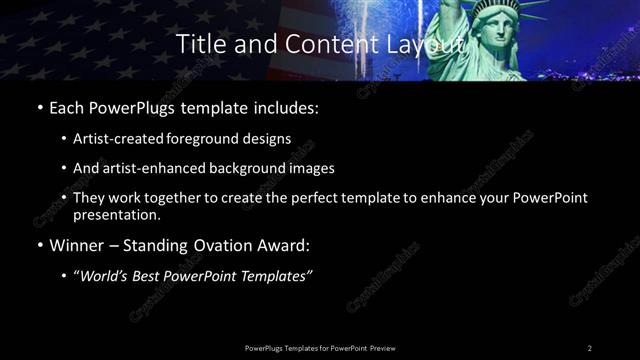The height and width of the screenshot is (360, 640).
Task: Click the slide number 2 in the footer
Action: pos(590,347)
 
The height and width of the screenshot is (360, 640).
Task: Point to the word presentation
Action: pos(116,214)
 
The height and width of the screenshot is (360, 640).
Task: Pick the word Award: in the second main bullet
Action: pos(288,244)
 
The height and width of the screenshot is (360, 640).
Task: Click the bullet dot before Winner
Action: pos(39,245)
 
